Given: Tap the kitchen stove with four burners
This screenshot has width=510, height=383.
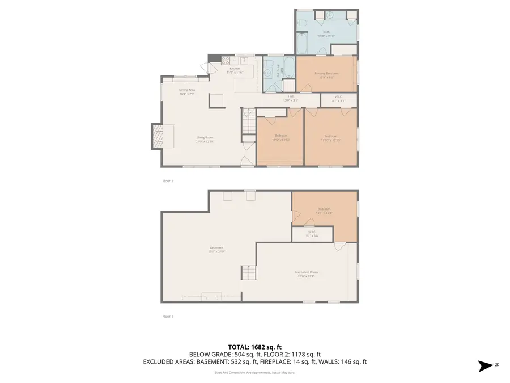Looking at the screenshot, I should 225,60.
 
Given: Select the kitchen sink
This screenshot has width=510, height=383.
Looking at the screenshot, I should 245,60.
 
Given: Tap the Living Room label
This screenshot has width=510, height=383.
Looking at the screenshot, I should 205,139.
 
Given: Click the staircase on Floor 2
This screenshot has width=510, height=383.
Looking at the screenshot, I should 248,122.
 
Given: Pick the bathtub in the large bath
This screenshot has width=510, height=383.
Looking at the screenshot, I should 302,44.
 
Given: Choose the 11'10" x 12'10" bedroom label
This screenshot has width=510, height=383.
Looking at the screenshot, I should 331,137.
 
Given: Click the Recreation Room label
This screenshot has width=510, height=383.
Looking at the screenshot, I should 306,273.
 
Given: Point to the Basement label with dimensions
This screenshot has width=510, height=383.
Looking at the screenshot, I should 216,249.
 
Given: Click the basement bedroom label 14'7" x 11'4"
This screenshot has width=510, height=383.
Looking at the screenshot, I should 324,211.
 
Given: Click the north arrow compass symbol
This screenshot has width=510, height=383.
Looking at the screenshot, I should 486,365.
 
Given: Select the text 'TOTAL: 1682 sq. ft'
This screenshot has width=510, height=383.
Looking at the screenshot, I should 254,346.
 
